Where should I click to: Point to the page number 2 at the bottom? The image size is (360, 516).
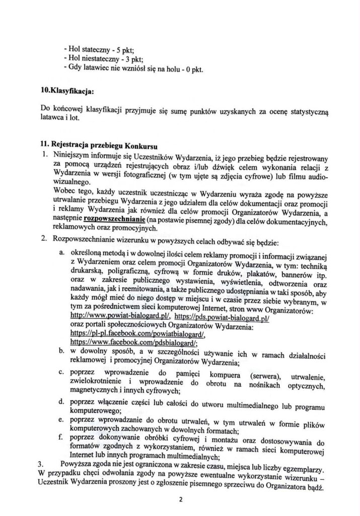pyautogui.click(x=180, y=499)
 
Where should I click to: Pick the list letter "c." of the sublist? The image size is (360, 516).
pyautogui.click(x=61, y=371)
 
